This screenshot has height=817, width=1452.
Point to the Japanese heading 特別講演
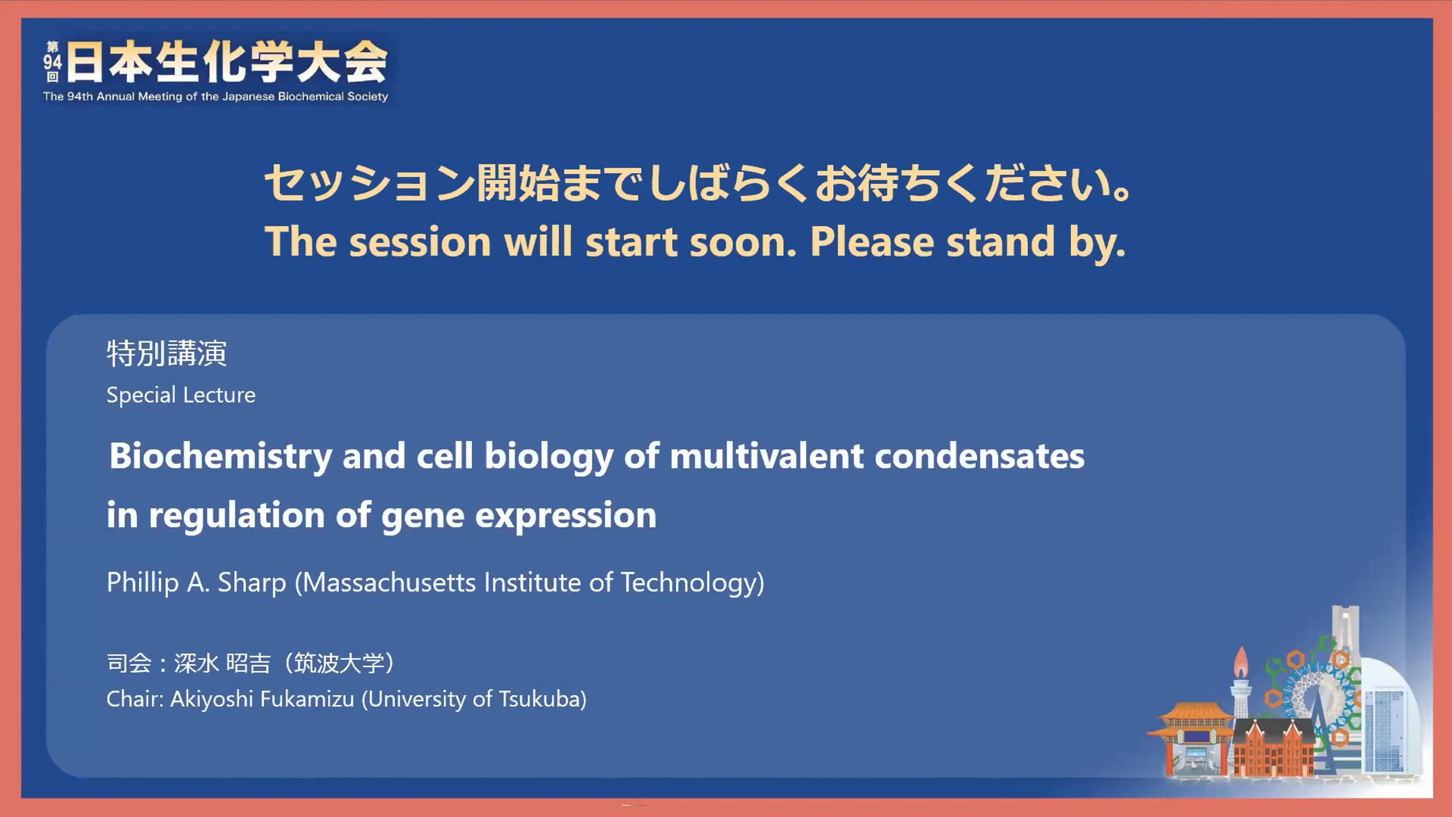tap(167, 353)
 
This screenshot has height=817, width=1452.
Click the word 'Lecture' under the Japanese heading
tap(219, 395)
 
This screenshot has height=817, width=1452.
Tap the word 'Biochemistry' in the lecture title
tap(221, 456)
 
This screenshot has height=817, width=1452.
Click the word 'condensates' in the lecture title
tap(979, 456)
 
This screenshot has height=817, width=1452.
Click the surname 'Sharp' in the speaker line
tap(252, 583)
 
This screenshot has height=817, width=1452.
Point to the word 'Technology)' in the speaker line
tap(693, 583)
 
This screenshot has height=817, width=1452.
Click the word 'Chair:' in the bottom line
tap(135, 700)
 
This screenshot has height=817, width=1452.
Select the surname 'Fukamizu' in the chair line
tap(307, 700)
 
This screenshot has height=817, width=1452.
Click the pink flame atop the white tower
tap(1241, 662)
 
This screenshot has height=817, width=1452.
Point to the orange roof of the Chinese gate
tap(1195, 714)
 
